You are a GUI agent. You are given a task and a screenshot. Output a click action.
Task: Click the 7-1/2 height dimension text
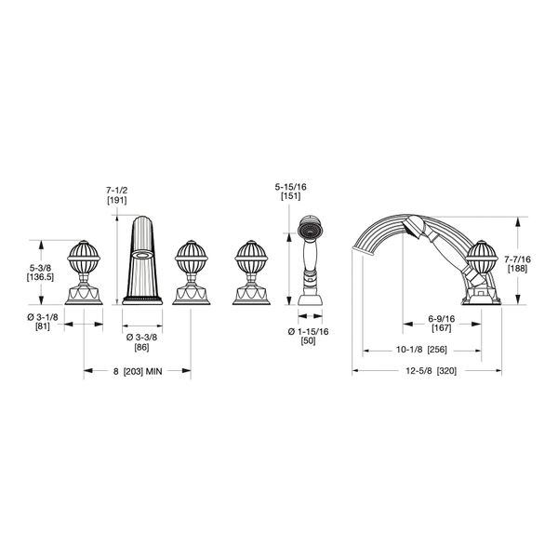coord(117,191)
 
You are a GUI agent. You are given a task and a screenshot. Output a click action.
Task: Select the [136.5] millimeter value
coord(40,277)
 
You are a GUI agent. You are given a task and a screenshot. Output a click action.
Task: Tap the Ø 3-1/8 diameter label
coord(43,317)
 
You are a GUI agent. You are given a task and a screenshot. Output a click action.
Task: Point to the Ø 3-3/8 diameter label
coord(141,338)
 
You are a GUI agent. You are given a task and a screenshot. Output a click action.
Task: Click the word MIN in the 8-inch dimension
coord(153,371)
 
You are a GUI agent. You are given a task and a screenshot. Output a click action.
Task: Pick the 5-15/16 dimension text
coord(290,187)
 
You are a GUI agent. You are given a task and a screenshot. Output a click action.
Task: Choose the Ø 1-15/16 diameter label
coord(308,332)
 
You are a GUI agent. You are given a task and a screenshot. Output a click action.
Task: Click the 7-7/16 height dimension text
coord(517,259)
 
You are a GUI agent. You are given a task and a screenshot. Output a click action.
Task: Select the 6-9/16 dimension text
coord(441,319)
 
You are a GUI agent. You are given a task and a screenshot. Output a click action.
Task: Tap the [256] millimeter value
coord(437,350)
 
